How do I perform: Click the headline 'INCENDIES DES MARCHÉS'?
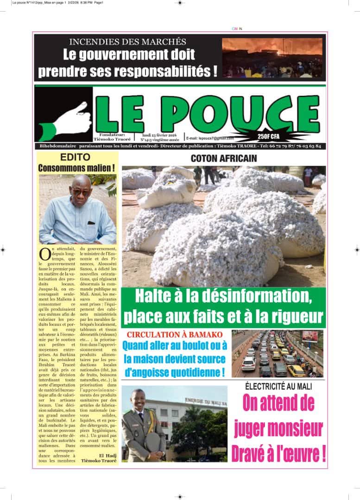coord(127,42)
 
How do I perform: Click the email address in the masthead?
coord(210,138)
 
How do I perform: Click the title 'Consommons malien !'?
coord(76,168)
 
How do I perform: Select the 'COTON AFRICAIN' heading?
coord(224,158)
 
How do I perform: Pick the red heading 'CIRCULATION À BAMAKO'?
coord(175,334)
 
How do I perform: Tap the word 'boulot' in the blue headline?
coord(194,345)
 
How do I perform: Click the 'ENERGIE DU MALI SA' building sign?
coord(206,401)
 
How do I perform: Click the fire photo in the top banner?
coord(272,57)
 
